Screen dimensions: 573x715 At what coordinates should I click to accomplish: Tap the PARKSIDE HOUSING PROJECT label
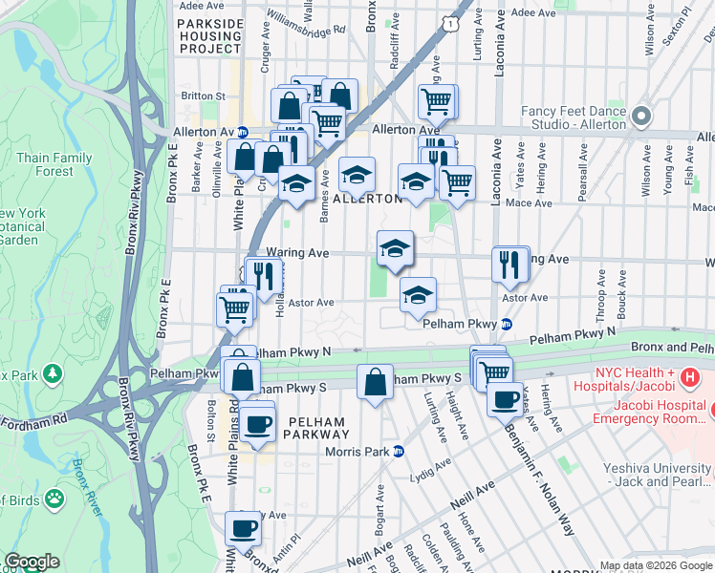[x=209, y=34]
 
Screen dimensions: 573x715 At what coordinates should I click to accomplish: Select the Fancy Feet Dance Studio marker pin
[x=640, y=117]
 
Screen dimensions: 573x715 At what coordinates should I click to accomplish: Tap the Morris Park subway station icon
[x=398, y=451]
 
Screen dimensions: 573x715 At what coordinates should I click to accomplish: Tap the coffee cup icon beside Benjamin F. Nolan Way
[x=504, y=398]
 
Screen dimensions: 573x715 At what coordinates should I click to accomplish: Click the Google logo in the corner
[x=32, y=562]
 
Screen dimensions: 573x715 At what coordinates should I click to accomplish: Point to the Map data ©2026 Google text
[x=656, y=564]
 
